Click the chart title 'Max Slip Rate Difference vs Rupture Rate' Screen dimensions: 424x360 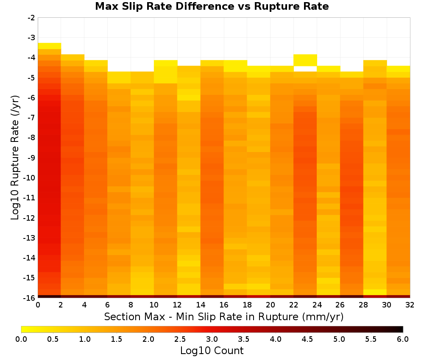click(x=212, y=6)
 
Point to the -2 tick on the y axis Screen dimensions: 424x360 click(x=31, y=18)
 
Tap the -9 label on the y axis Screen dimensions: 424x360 click(x=31, y=158)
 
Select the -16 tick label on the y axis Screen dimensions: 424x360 click(x=30, y=298)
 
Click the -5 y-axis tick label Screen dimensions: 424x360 click(x=31, y=78)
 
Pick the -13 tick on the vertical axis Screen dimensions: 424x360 click(x=30, y=238)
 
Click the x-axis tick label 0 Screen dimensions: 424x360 click(x=38, y=305)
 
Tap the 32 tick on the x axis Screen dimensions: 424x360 click(x=410, y=305)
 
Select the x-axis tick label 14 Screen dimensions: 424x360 click(x=201, y=305)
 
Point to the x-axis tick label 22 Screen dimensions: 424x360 click(x=294, y=305)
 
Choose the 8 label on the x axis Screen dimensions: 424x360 click(x=131, y=305)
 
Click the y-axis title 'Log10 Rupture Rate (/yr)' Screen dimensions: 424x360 click(x=15, y=158)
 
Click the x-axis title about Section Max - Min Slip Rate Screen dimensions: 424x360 click(x=224, y=316)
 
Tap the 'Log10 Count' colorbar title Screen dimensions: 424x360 click(x=212, y=351)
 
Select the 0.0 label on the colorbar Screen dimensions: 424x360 click(x=21, y=339)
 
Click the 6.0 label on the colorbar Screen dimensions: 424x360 click(x=403, y=339)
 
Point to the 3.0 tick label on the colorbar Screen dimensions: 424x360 click(x=212, y=339)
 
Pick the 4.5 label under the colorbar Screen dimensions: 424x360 click(x=307, y=339)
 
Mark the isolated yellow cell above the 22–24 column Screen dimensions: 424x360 click(x=305, y=60)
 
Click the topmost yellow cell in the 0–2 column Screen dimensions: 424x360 click(x=50, y=46)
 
